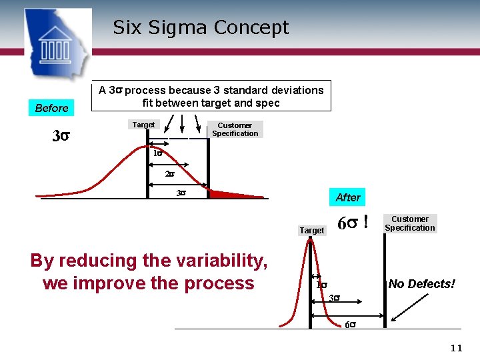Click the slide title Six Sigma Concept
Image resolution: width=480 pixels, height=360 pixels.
(x=201, y=27)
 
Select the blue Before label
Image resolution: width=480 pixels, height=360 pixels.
(x=51, y=108)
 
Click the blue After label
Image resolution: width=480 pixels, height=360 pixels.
(x=347, y=197)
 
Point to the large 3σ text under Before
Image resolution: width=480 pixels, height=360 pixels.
(x=61, y=137)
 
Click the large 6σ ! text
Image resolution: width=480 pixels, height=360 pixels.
(x=353, y=223)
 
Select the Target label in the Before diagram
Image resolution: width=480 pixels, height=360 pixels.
(x=143, y=125)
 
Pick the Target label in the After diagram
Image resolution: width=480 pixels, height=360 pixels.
(x=312, y=230)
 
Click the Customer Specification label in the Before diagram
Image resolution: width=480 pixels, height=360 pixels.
(x=235, y=129)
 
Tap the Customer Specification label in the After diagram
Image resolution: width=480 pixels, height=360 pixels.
(x=409, y=223)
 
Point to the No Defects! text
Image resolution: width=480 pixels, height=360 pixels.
(x=421, y=284)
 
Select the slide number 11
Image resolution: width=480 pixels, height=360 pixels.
(x=456, y=348)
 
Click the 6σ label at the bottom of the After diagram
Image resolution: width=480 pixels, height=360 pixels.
(x=350, y=325)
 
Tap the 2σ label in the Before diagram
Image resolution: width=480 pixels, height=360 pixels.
(x=169, y=175)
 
